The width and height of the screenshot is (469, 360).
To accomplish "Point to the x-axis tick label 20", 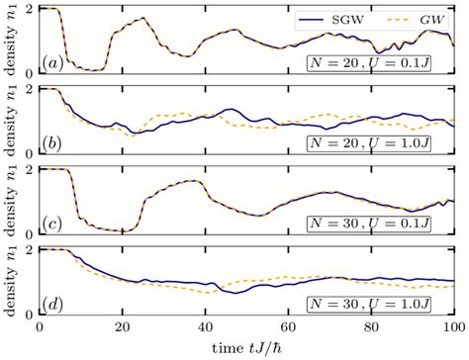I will point(121,326).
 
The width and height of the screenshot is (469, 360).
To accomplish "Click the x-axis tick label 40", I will point(204,326).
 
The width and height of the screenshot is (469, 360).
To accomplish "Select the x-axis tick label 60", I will point(287,326).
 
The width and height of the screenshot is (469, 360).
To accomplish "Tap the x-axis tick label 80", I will point(370,326).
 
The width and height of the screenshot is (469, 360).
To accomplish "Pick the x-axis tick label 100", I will point(451,326).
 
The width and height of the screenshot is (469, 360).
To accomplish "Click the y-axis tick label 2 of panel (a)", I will point(28,10).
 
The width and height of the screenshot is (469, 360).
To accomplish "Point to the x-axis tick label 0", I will point(39,326).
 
